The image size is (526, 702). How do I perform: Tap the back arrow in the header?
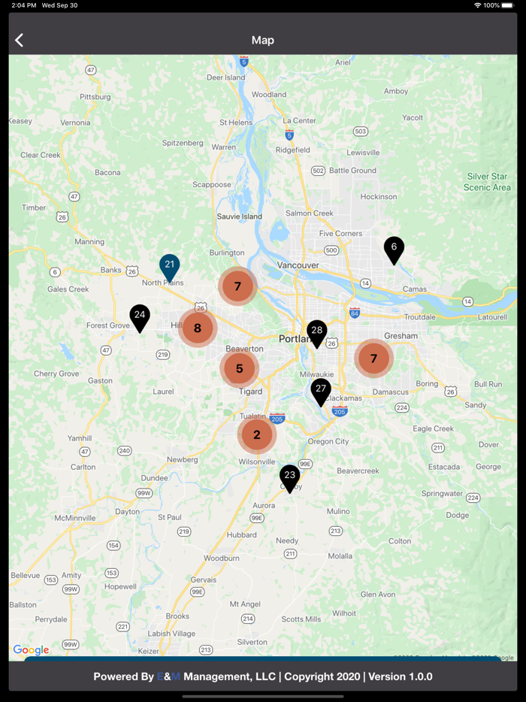coord(20,41)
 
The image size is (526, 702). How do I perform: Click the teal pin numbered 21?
coord(170,266)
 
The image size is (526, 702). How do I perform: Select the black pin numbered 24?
coord(140,316)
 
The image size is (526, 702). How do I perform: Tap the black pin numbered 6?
coord(394,249)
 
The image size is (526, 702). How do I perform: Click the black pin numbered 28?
coord(317,332)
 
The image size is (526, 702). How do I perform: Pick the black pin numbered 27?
coord(321,390)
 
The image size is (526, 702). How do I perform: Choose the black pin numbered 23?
coord(290,477)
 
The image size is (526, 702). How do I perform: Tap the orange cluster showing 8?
coord(198,328)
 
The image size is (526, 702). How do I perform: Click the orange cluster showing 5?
coord(240,368)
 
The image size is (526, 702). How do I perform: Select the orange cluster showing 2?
coord(257,434)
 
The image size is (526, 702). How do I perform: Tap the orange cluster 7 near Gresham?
coord(373,359)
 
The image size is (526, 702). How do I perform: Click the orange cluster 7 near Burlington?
coord(237,286)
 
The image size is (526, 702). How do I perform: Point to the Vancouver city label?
coord(298,265)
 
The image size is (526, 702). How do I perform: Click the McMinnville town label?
coord(75,518)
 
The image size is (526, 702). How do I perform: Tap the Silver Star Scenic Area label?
coord(487,182)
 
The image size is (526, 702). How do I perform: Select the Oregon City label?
coord(328,442)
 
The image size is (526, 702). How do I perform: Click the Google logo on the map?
coord(31,650)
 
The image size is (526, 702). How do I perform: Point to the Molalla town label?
coord(340,556)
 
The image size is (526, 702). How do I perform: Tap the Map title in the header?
coord(263,41)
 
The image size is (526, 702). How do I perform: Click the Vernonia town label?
coord(75,123)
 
